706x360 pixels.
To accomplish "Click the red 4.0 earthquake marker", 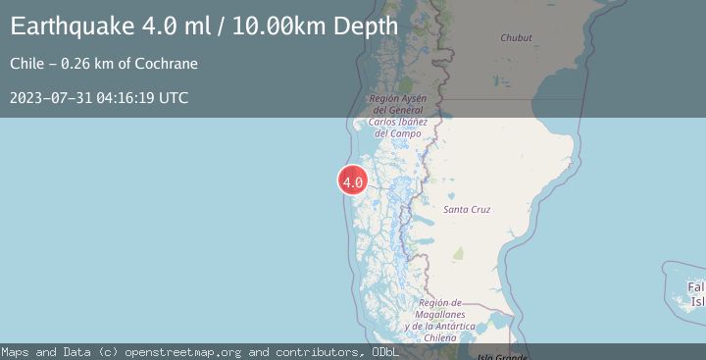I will click(353, 181).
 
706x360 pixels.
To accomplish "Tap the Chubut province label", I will click(516, 38).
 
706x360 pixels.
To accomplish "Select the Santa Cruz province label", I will click(467, 210).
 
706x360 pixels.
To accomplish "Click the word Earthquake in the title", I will click(75, 26).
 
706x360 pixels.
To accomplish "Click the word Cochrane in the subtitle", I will click(166, 64).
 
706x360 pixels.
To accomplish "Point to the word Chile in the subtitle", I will click(28, 64).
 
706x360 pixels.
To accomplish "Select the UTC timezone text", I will click(175, 98).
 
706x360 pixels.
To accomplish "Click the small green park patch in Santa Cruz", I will click(458, 254).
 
